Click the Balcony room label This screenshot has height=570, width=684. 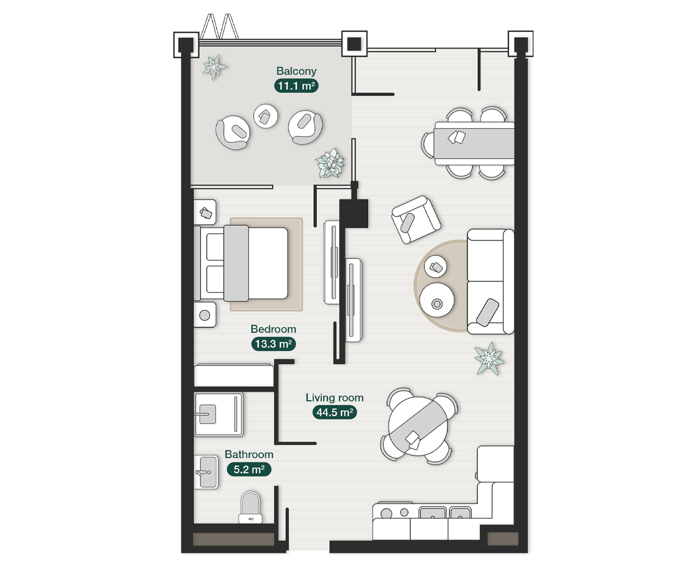(x=296, y=71)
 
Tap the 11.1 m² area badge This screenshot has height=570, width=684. (x=296, y=86)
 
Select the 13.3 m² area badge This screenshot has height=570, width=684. (x=273, y=344)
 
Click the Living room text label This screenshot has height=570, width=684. (x=334, y=398)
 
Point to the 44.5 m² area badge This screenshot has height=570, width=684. (x=335, y=413)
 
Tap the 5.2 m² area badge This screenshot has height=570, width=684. (x=249, y=470)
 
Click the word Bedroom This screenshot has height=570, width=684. (x=273, y=329)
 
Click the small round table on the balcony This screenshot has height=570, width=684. (x=266, y=116)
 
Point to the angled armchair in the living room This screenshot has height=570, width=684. (x=416, y=219)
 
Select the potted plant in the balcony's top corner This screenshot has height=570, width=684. (x=214, y=67)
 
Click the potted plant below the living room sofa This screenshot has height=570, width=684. (x=489, y=359)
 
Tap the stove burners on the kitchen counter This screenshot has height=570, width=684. (x=393, y=512)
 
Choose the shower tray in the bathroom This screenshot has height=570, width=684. (x=218, y=414)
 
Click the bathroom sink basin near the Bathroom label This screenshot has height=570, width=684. (x=206, y=472)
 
